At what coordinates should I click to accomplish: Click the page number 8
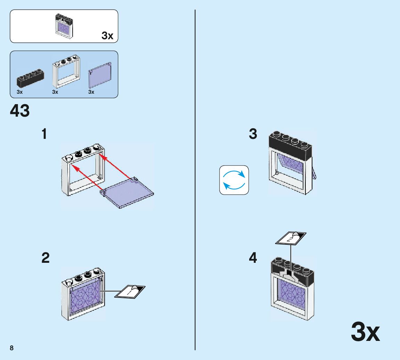(x=12, y=348)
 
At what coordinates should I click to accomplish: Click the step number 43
(x=20, y=111)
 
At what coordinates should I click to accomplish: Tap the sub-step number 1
(x=44, y=134)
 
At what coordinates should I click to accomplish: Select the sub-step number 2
(x=45, y=258)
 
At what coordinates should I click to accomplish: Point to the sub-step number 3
(x=253, y=134)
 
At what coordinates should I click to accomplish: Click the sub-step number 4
(x=253, y=258)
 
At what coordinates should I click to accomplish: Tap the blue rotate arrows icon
(x=234, y=180)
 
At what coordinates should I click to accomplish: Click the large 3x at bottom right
(x=365, y=332)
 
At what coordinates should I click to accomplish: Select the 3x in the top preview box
(x=107, y=35)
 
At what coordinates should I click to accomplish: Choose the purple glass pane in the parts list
(x=100, y=75)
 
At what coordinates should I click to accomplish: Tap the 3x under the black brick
(x=19, y=92)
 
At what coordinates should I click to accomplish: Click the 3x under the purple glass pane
(x=91, y=92)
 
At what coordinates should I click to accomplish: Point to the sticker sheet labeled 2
(x=291, y=238)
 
